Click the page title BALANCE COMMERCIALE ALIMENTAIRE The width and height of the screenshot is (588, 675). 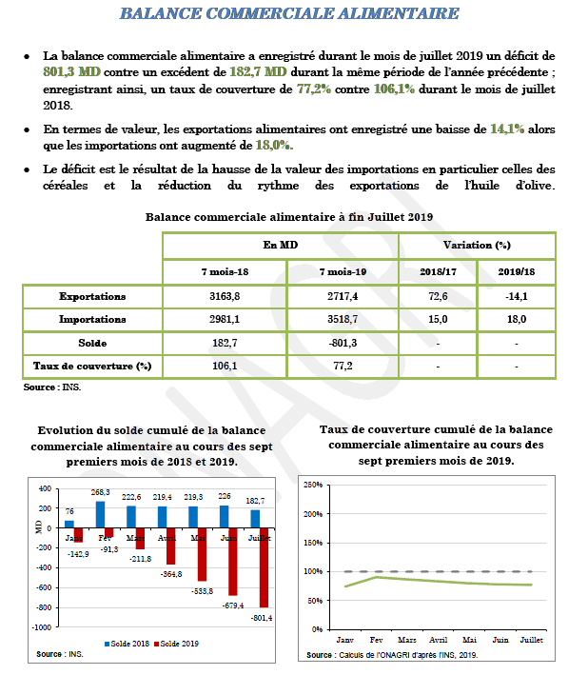tap(290, 14)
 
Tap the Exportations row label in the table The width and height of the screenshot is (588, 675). tap(92, 296)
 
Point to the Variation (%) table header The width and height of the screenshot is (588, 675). tap(477, 246)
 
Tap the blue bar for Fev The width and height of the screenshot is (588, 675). tap(100, 514)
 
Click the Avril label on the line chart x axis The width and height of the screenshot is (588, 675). tap(439, 640)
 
